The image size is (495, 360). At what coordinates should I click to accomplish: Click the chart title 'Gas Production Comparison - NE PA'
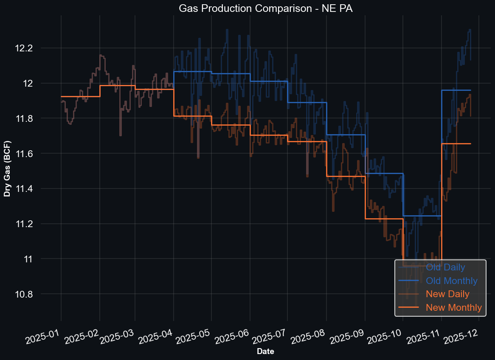click(x=247, y=8)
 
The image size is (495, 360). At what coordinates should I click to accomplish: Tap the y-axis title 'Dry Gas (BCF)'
click(x=7, y=169)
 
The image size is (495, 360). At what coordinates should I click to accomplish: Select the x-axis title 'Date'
click(x=265, y=352)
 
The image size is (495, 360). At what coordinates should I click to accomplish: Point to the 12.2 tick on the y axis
click(x=36, y=48)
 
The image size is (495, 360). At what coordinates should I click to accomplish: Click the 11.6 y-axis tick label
click(x=36, y=154)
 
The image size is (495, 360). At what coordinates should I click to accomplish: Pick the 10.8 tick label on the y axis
click(x=36, y=294)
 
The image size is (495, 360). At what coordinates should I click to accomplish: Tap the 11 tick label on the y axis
click(x=42, y=259)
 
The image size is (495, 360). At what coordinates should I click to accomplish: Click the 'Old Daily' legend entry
click(x=445, y=267)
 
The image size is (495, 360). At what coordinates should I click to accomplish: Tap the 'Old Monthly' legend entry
click(x=452, y=281)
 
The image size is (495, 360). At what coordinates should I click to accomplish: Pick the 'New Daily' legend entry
click(x=447, y=294)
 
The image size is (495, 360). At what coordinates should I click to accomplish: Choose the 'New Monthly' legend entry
click(x=454, y=307)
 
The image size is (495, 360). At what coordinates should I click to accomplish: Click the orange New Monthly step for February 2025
click(x=117, y=86)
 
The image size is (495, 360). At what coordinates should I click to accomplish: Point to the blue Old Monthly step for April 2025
click(x=192, y=71)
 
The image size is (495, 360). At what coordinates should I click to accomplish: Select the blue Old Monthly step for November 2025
click(x=456, y=90)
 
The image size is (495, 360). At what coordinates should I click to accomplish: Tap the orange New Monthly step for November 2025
click(x=456, y=143)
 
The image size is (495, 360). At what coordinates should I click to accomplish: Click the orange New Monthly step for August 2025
click(x=346, y=176)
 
